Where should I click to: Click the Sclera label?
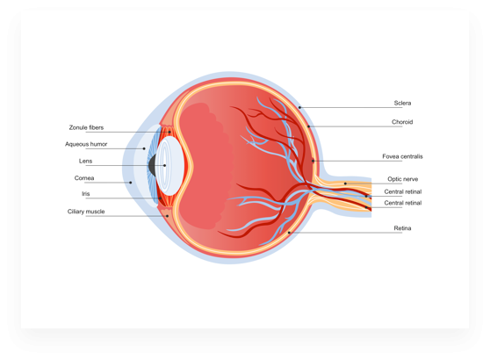coord(402,103)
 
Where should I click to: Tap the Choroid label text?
coord(402,122)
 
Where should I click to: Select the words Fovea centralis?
coord(402,156)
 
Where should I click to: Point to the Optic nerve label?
coord(403,179)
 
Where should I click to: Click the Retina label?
coord(402,228)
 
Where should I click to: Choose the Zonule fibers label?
coord(86,127)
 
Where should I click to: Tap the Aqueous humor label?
coord(86,144)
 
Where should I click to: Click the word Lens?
coord(86,161)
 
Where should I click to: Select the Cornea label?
coord(84,178)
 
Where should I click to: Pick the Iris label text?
coord(86,194)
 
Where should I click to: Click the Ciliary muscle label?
coord(86,212)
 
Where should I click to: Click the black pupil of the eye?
coord(152,165)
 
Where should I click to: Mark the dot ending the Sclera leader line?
coord(299,107)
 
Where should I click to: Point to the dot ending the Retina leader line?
coord(289,233)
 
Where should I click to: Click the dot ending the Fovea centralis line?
coord(313,161)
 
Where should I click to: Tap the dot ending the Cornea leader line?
coord(131,183)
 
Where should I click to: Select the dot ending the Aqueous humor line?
coord(144,148)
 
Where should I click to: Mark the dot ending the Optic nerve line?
coord(345,184)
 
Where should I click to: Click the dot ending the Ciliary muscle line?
coord(167,216)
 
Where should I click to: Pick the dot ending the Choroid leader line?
coord(308,126)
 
